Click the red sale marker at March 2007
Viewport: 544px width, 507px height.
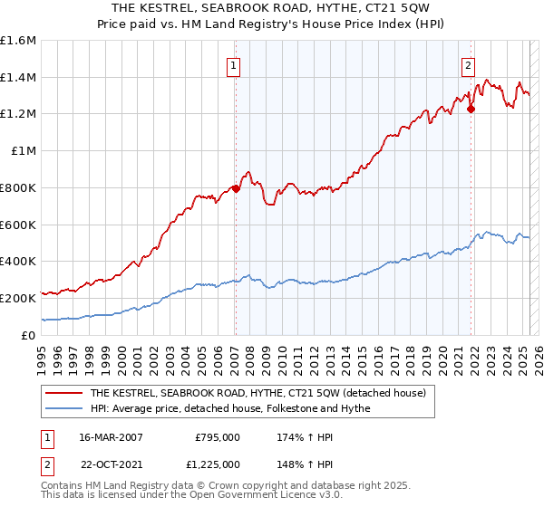coord(236,188)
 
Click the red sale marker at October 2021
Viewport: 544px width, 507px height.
coord(471,110)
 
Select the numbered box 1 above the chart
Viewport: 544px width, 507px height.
coord(234,65)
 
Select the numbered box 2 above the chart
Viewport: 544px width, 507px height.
coord(468,65)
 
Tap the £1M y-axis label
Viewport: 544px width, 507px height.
coord(23,151)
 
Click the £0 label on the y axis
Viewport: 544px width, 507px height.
coord(29,335)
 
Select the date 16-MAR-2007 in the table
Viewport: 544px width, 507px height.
coord(112,437)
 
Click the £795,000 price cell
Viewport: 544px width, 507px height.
coord(218,437)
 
